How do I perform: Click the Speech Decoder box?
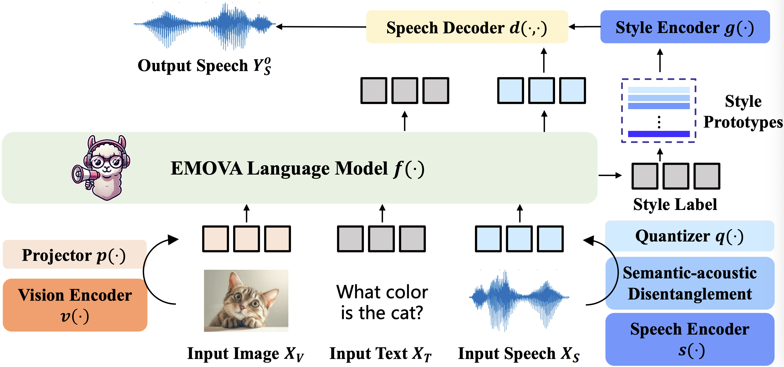coord(467,27)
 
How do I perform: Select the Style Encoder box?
coord(685,27)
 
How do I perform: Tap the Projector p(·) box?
coord(75,255)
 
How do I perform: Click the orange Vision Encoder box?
coord(75,305)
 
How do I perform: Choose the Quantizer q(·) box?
coord(689,236)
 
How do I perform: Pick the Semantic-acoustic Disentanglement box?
coord(689,283)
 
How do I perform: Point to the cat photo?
coord(246,301)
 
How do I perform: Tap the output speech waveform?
coord(205,26)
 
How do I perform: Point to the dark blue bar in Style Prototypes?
coord(659,134)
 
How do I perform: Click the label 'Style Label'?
coord(675,205)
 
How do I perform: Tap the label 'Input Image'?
coord(233,354)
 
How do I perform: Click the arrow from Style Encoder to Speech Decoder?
coord(584,27)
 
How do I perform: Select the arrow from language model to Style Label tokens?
coord(610,175)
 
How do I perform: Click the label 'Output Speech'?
coord(193,65)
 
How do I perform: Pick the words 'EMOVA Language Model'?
coord(279,168)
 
